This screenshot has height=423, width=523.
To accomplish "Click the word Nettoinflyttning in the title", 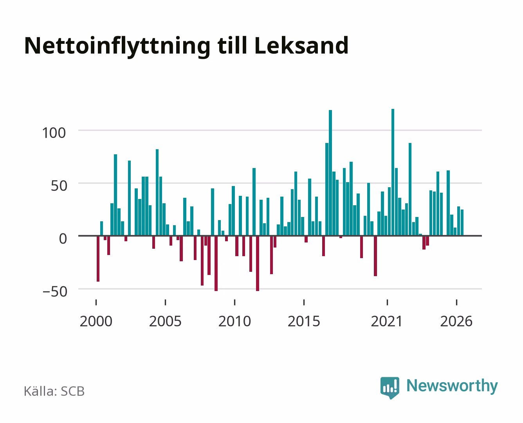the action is [117, 47].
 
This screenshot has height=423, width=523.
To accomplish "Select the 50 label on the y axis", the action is [59, 186].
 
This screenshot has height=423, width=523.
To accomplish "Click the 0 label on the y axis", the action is [63, 239].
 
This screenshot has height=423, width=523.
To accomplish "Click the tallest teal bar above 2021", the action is [393, 172].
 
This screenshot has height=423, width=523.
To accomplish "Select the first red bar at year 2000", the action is [98, 258].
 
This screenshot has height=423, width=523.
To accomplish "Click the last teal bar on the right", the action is [462, 222].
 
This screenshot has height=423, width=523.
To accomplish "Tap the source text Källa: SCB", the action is [54, 391].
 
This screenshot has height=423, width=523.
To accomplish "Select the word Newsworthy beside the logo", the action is [452, 386].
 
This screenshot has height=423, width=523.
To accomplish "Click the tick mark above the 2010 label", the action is [235, 302].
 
